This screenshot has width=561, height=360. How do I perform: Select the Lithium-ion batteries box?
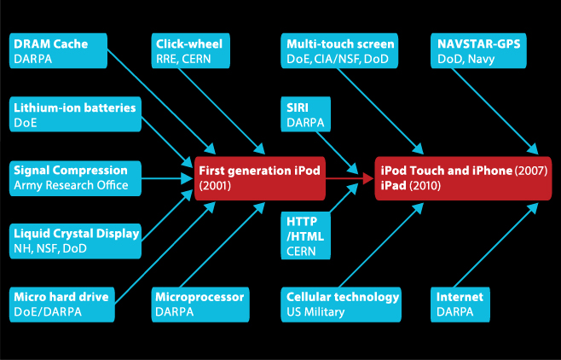coord(73,114)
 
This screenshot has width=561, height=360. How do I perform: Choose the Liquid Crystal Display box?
coord(75,240)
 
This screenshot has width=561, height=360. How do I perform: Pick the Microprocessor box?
coord(201,304)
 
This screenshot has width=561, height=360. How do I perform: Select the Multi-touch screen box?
coord(340,50)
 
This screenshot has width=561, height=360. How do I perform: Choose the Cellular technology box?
coord(342,304)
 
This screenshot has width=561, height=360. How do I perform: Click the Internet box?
coord(461,304)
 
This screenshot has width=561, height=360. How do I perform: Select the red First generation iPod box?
coord(260,177)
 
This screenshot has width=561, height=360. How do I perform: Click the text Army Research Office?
coord(71,185)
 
